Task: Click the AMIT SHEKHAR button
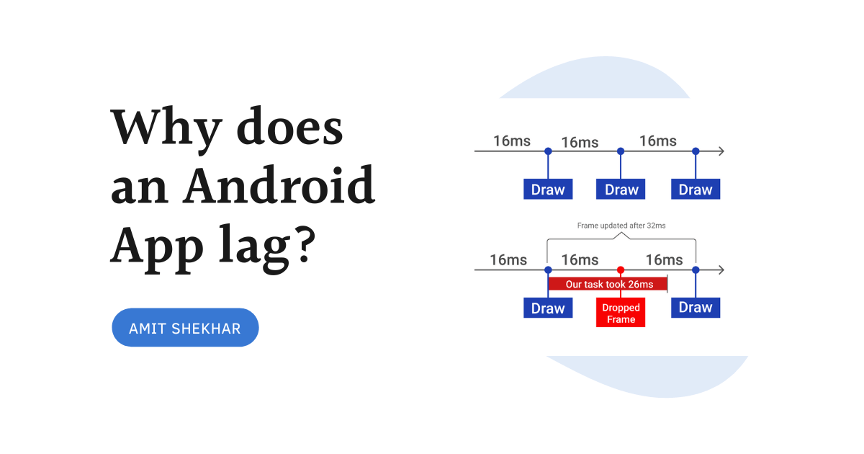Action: click(x=185, y=328)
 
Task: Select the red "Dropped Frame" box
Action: click(x=621, y=313)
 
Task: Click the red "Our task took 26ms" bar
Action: click(x=608, y=284)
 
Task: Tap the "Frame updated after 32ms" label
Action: click(x=621, y=226)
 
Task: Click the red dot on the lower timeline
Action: click(x=621, y=270)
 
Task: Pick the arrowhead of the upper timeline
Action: click(x=721, y=151)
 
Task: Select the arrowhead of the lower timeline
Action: click(x=721, y=270)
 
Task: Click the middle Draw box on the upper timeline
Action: click(x=621, y=190)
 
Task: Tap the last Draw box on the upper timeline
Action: click(x=696, y=190)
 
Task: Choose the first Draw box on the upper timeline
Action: click(x=548, y=190)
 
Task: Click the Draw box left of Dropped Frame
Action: click(x=548, y=308)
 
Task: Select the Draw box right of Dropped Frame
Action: click(x=696, y=308)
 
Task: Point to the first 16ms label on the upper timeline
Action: click(x=512, y=141)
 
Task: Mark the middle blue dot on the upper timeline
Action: click(x=621, y=151)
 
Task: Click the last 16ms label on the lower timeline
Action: click(x=664, y=259)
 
